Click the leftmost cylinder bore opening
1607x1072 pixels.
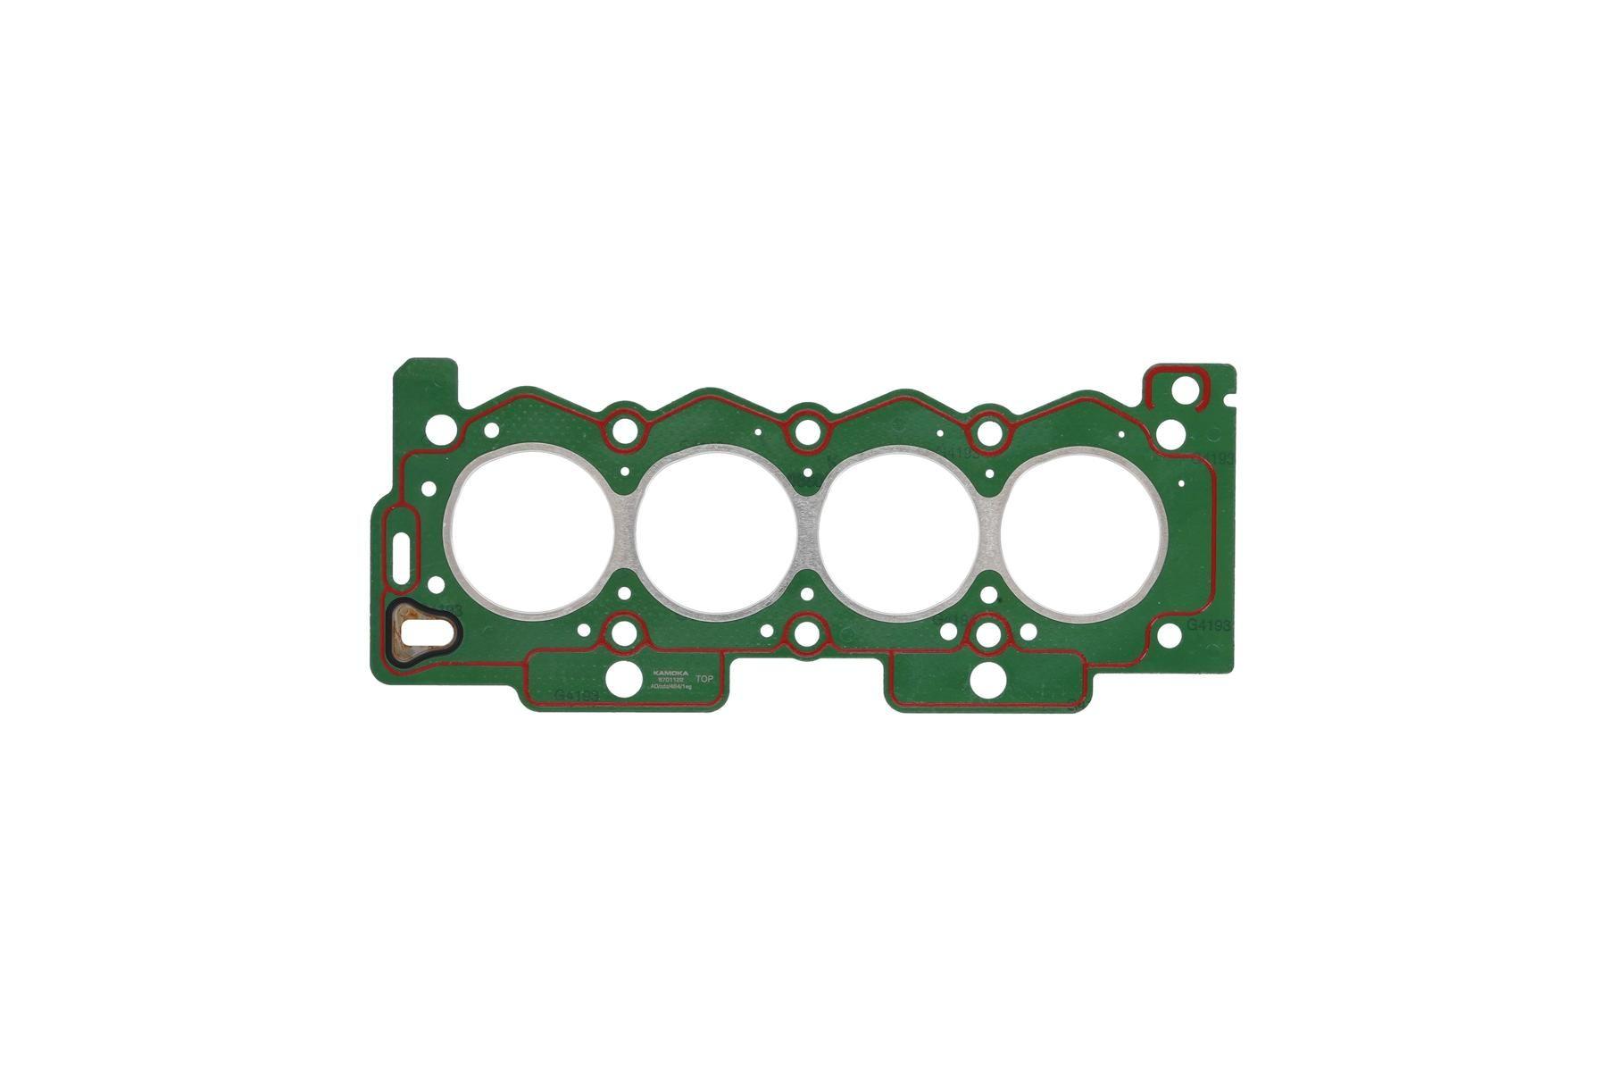532,533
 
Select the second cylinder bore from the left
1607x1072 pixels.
716,534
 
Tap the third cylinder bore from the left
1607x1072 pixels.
900,534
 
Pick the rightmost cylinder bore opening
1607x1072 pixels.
1083,534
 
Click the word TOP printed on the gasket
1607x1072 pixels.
704,680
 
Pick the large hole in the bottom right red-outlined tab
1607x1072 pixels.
987,681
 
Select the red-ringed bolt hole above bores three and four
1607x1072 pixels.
987,432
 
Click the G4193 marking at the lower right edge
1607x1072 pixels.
1208,626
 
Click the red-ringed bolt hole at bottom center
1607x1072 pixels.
807,636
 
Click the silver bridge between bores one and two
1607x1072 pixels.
624,533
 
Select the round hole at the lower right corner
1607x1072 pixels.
1170,636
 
